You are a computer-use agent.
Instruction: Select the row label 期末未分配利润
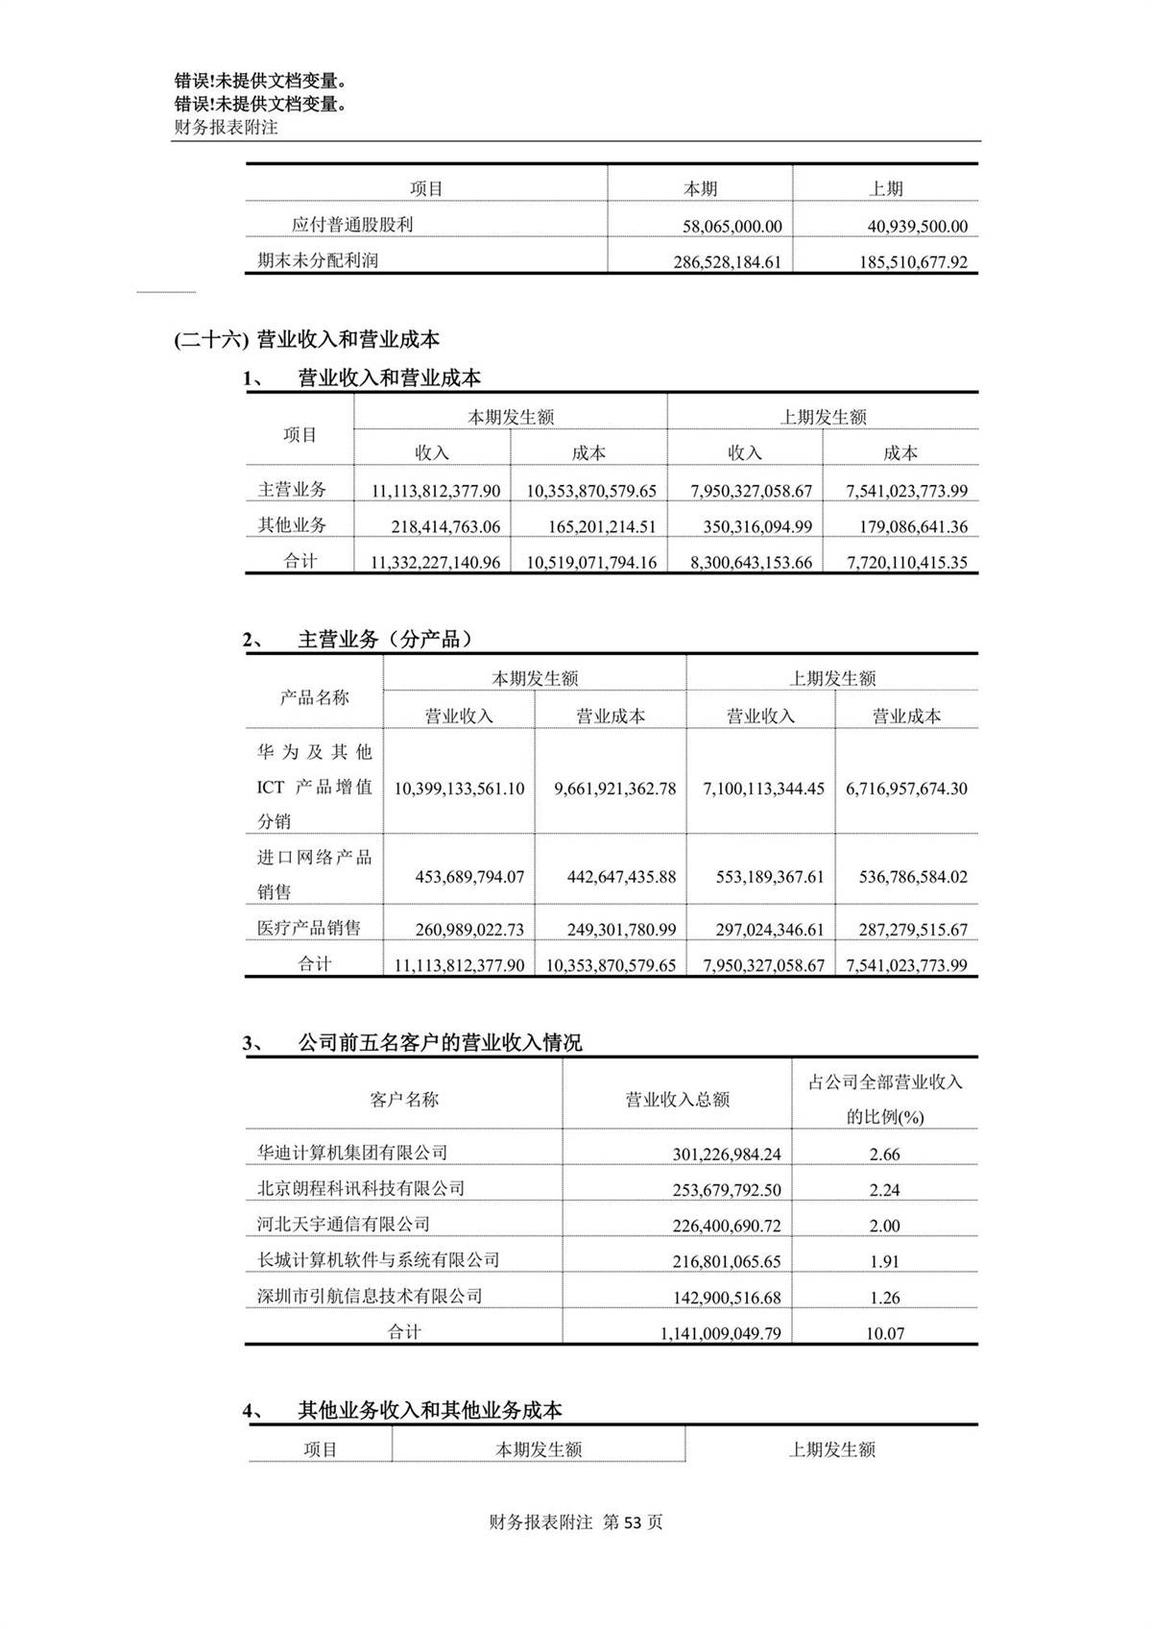coord(318,260)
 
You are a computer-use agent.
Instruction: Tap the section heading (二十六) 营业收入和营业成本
coord(306,339)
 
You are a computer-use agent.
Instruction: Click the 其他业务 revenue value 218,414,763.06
coord(445,526)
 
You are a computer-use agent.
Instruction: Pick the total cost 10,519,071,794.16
coord(591,563)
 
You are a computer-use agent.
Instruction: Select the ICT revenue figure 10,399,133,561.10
coord(459,789)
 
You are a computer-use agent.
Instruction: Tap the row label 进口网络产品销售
coord(314,874)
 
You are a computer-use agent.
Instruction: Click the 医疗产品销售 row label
coord(309,928)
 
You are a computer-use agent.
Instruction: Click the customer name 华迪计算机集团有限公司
coord(352,1153)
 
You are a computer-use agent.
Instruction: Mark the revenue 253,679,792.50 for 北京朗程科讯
coord(727,1190)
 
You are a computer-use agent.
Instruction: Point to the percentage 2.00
coord(884,1226)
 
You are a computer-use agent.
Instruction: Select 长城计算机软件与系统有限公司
coord(378,1259)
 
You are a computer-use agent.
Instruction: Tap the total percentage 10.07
coord(884,1333)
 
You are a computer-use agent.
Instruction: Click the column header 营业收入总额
coord(678,1100)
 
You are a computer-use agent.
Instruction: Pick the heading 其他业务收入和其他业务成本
coord(430,1410)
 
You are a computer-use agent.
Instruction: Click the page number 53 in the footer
coord(632,1522)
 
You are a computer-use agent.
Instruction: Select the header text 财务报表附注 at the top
coord(226,127)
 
